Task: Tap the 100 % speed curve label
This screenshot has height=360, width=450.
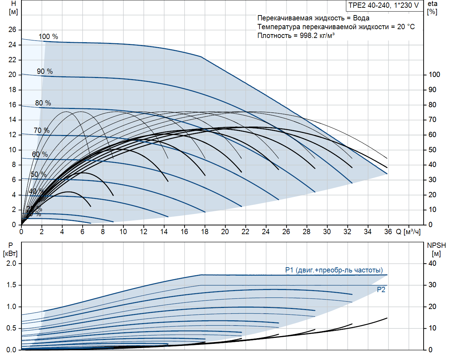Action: (48, 37)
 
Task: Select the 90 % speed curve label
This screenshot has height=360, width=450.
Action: (45, 71)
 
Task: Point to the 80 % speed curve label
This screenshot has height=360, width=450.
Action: (43, 103)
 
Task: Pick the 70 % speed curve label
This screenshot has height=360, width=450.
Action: (41, 130)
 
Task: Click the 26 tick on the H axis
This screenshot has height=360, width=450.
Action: (12, 30)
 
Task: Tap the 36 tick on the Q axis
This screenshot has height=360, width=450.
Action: (388, 232)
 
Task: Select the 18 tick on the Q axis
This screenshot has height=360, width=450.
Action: (205, 232)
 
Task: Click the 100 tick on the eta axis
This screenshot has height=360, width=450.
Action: (434, 75)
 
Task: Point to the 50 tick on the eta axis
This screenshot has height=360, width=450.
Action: (432, 150)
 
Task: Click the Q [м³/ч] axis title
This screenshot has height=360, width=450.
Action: (408, 232)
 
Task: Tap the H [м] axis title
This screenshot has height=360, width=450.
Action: (13, 8)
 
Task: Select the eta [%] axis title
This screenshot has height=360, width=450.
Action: (432, 8)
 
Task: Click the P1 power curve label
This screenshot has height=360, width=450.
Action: (334, 270)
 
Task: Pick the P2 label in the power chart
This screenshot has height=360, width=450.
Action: (381, 290)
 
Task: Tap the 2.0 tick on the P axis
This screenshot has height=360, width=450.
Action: (11, 263)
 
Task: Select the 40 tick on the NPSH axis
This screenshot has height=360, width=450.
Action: (432, 263)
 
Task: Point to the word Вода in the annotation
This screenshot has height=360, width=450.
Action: (361, 18)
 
